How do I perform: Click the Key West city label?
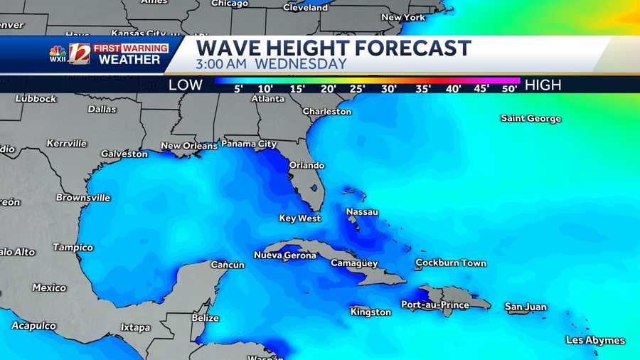[x=299, y=218]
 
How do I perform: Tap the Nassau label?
[x=362, y=212]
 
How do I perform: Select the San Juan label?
[x=526, y=307]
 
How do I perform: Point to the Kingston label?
[x=370, y=312]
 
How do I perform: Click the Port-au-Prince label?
[x=435, y=305]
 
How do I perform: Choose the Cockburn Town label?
[x=451, y=263]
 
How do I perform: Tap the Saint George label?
[x=530, y=118]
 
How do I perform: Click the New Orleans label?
[x=189, y=146]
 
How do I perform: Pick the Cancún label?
[x=228, y=265]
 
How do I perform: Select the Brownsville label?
[x=83, y=197]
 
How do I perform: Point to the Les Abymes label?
[x=595, y=340]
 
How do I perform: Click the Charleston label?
[x=327, y=111]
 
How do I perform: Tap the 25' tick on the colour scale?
[x=358, y=89]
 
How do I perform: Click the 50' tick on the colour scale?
[x=509, y=89]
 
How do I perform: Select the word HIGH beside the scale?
[x=543, y=85]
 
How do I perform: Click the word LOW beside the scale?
[x=186, y=85]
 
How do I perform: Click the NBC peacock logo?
[x=58, y=52]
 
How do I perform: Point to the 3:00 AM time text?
[x=221, y=64]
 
